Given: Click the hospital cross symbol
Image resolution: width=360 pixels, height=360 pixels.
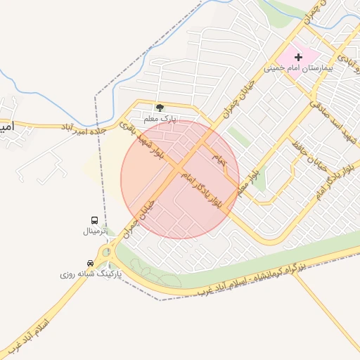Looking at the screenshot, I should click(297, 57).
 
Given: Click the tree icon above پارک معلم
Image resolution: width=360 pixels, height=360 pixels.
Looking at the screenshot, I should click(160, 108).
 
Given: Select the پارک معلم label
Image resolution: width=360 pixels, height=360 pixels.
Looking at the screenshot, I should click(160, 119).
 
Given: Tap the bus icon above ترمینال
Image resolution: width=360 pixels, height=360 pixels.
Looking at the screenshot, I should click(95, 220).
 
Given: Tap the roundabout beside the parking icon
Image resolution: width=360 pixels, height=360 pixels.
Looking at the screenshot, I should click(106, 251).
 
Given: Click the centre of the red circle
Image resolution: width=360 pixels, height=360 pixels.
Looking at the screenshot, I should click(180, 179).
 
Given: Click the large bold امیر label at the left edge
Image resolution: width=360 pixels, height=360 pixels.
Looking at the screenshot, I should click(6, 127).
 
